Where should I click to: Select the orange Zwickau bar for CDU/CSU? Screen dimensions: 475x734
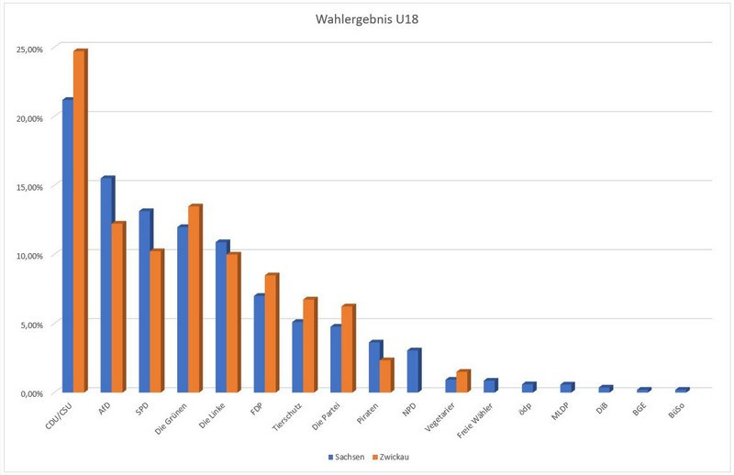[79, 220]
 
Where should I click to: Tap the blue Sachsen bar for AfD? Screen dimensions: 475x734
[106, 284]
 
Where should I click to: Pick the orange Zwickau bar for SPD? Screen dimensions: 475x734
[155, 320]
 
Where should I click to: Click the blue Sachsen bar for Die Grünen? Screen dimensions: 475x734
[183, 308]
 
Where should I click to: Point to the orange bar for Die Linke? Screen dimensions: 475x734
[232, 322]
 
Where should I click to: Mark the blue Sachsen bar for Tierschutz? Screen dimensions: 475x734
[297, 356]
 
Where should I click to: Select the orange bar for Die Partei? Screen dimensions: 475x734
[347, 348]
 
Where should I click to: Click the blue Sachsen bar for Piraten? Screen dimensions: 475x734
[374, 367]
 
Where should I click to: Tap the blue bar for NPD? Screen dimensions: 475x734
[413, 370]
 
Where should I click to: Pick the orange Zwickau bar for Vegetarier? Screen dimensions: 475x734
[462, 381]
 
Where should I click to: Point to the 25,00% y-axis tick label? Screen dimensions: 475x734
[29, 50]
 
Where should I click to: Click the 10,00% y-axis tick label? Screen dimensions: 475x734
[29, 255]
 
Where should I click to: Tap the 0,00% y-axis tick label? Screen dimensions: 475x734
[31, 392]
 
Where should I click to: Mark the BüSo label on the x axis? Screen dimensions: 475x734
[676, 409]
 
